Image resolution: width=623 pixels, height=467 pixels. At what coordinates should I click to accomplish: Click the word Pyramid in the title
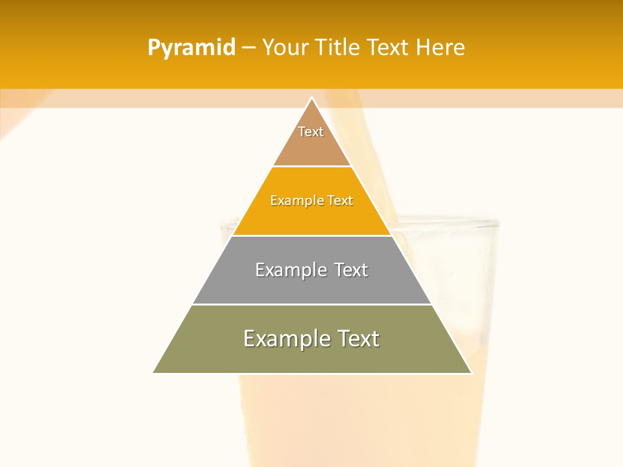(x=191, y=48)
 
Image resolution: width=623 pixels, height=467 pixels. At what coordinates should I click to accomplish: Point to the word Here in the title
(x=441, y=47)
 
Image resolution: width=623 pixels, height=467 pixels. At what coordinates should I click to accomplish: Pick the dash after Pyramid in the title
(x=248, y=48)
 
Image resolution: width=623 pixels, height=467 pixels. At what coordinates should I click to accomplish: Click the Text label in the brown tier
(x=311, y=132)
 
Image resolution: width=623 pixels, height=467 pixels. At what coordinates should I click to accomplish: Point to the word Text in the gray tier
(x=351, y=270)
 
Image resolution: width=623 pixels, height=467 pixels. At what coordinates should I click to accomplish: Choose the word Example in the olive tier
(x=286, y=339)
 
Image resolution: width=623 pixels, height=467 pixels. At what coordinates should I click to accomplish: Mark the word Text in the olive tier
(x=358, y=339)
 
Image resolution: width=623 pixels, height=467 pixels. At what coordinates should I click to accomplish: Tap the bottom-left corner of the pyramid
(x=154, y=373)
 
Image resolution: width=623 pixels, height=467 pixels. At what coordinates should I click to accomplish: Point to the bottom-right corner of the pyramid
(x=471, y=373)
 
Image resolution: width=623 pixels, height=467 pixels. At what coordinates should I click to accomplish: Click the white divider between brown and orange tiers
(x=312, y=167)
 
